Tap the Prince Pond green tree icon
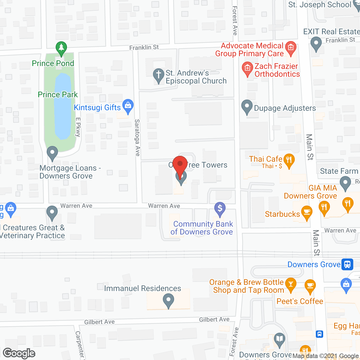pyautogui.click(x=61, y=49)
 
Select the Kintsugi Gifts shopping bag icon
pyautogui.click(x=128, y=106)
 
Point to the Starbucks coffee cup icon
pyautogui.click(x=307, y=213)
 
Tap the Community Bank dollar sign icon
pyautogui.click(x=220, y=209)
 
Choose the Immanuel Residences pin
pyautogui.click(x=168, y=300)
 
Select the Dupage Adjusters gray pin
pyautogui.click(x=247, y=107)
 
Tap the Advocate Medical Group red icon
pyautogui.click(x=291, y=48)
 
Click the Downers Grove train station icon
pyautogui.click(x=347, y=264)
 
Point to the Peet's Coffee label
pyautogui.click(x=300, y=301)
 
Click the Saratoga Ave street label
pyautogui.click(x=137, y=138)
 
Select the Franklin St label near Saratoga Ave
pyautogui.click(x=144, y=48)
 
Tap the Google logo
pyautogui.click(x=19, y=353)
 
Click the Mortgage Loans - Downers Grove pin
pyautogui.click(x=52, y=153)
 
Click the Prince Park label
pyautogui.click(x=58, y=94)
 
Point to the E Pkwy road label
pyautogui.click(x=78, y=127)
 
